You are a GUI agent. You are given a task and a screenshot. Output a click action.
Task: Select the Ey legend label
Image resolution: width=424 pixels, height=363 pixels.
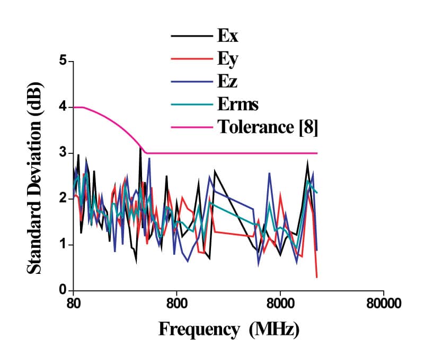coord(227,59)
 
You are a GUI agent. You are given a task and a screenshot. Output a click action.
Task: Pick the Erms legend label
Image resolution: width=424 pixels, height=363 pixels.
coord(237,104)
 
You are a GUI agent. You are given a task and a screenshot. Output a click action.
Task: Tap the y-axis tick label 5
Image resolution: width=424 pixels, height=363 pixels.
coord(63,61)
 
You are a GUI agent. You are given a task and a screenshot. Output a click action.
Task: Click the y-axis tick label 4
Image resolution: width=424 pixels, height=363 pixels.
coord(63,107)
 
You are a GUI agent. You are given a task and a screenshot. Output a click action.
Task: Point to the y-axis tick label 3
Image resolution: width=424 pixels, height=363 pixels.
coord(63,153)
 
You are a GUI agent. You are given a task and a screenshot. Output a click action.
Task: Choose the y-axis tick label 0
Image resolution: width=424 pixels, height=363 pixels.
coord(63,291)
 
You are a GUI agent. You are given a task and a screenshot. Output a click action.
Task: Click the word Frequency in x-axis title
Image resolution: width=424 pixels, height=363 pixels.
coord(199,330)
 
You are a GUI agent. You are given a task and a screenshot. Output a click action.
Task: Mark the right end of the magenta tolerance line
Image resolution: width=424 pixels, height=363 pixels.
coord(316,153)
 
